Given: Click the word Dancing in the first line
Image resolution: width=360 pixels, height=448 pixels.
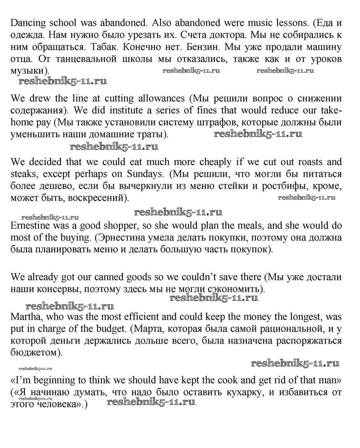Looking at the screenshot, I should coord(28,23).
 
